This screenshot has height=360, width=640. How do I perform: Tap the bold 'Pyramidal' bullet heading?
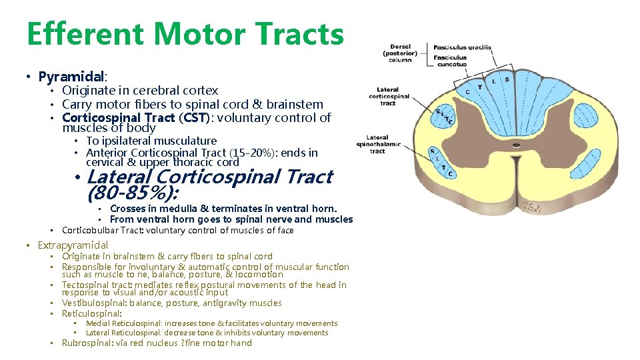pos(72,77)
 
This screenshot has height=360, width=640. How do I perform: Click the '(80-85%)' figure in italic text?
pos(133,193)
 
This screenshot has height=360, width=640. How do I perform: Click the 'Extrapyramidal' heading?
pos(73,245)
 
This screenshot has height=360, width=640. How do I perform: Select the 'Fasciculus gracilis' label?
pos(462,47)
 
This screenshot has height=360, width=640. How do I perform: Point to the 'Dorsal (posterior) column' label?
pos(400,53)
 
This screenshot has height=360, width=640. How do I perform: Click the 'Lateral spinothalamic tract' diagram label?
pos(377,144)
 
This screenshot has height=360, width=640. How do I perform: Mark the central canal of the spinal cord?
pos(516,145)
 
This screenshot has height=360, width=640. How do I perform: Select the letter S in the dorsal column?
pos(507,79)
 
